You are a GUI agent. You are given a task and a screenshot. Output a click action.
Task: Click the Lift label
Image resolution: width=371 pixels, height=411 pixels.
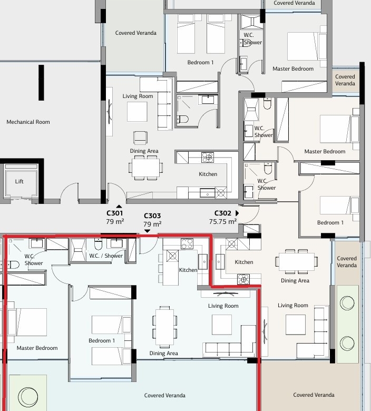click(19, 181)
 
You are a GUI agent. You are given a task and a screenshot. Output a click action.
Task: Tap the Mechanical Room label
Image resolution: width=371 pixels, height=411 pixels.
click(28, 122)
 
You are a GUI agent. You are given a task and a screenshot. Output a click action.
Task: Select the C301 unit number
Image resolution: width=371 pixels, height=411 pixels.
click(114, 213)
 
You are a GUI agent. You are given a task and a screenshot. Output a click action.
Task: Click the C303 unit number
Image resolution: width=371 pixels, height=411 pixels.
click(152, 216)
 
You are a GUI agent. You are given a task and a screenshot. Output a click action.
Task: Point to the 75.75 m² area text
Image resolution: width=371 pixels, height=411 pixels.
click(223, 222)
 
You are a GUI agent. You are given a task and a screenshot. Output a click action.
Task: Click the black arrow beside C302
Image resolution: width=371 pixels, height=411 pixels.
click(237, 213)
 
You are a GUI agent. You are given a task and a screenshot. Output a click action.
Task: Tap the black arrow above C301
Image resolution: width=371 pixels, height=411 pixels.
click(119, 206)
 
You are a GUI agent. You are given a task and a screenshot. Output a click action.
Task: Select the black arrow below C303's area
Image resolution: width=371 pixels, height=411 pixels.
click(148, 231)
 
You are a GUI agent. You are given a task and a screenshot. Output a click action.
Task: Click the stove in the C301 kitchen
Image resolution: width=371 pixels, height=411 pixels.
click(208, 158)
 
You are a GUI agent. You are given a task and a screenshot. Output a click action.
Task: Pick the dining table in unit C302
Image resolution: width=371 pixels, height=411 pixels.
click(296, 261)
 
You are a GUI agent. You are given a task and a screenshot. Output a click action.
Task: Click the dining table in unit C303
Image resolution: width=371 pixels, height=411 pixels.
click(164, 327)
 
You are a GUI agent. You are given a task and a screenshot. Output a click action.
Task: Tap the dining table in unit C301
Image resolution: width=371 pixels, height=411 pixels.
click(146, 168)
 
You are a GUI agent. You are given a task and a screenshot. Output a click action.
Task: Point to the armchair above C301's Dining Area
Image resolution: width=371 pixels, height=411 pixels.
click(140, 138)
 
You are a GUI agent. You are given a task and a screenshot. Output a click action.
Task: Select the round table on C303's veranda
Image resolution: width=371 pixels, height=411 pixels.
click(28, 397)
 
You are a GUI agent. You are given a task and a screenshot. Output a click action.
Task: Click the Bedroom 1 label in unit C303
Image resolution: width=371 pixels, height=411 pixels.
click(102, 340)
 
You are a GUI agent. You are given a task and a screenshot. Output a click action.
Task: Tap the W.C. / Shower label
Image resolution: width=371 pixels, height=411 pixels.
click(106, 256)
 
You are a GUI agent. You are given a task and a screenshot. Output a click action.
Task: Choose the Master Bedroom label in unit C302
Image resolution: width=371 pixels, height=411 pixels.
click(325, 152)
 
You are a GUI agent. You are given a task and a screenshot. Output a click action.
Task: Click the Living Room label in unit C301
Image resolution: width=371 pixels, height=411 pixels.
click(138, 96)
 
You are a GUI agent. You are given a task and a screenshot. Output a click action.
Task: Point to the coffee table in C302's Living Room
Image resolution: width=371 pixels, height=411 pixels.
click(296, 325)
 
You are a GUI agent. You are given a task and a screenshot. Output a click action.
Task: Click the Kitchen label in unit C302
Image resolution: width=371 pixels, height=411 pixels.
click(244, 262)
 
